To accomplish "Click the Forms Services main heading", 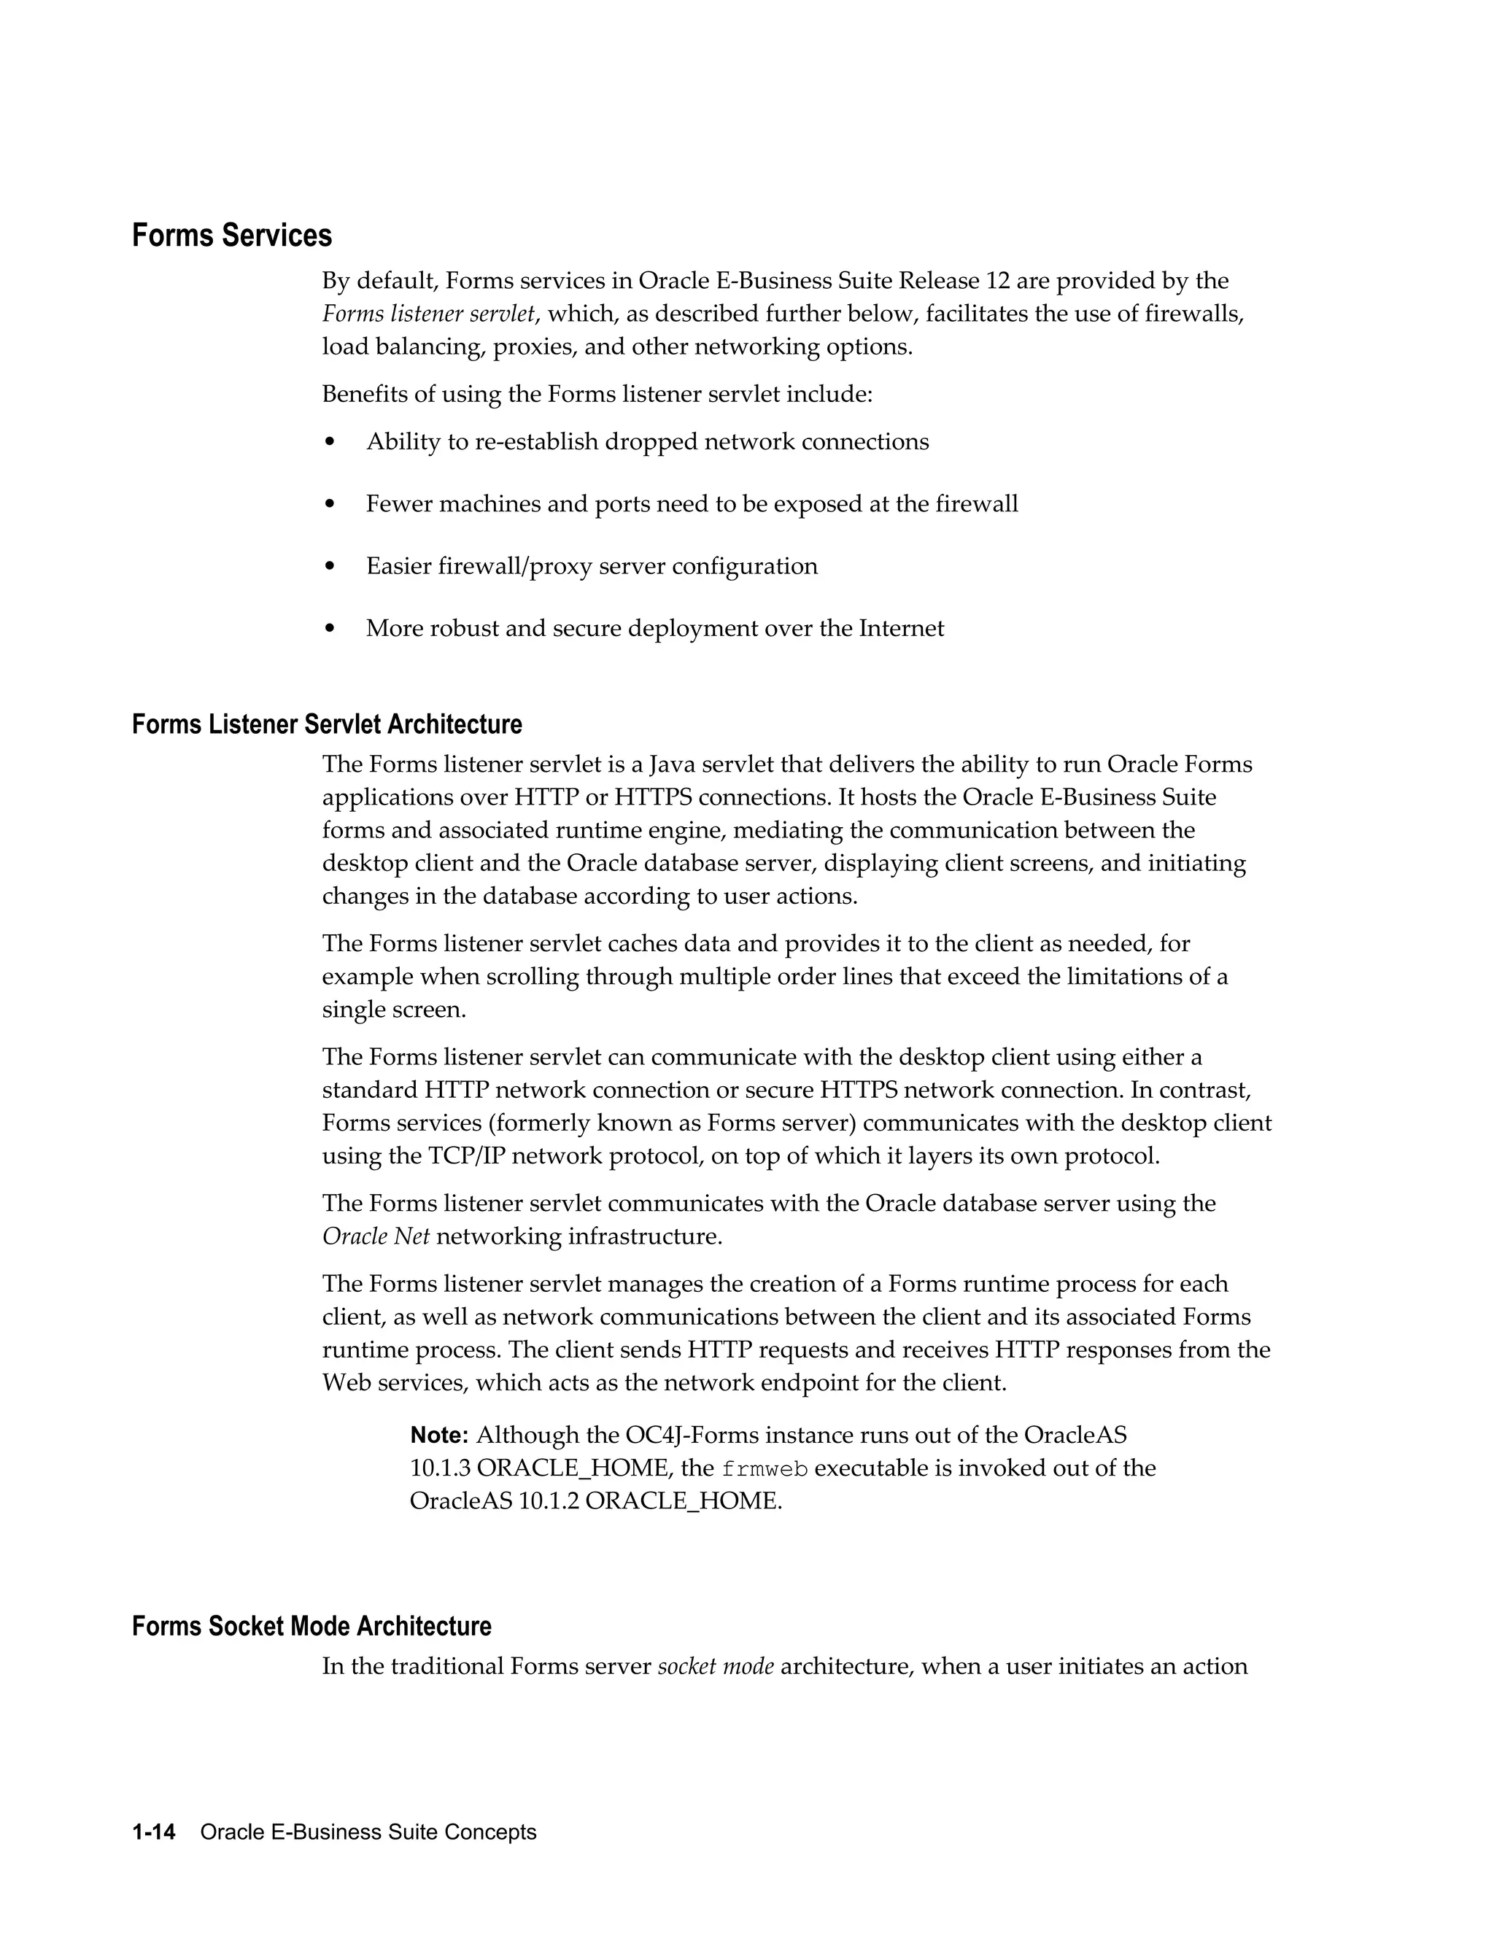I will click(232, 236).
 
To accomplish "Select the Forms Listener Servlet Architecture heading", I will click(327, 724).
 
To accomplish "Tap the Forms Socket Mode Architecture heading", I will click(311, 1626).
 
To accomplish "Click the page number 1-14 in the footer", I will click(154, 1832).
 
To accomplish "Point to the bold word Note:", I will click(439, 1435).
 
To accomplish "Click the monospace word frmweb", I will click(765, 1469).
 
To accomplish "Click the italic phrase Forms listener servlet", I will click(428, 314).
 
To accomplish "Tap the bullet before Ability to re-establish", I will click(330, 441).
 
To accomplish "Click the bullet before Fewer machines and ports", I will click(330, 505).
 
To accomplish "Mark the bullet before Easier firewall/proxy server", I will click(330, 567).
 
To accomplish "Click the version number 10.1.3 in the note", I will click(440, 1468).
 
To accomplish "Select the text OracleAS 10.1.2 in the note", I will click(494, 1501).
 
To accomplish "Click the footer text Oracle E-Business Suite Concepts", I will click(368, 1832).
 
